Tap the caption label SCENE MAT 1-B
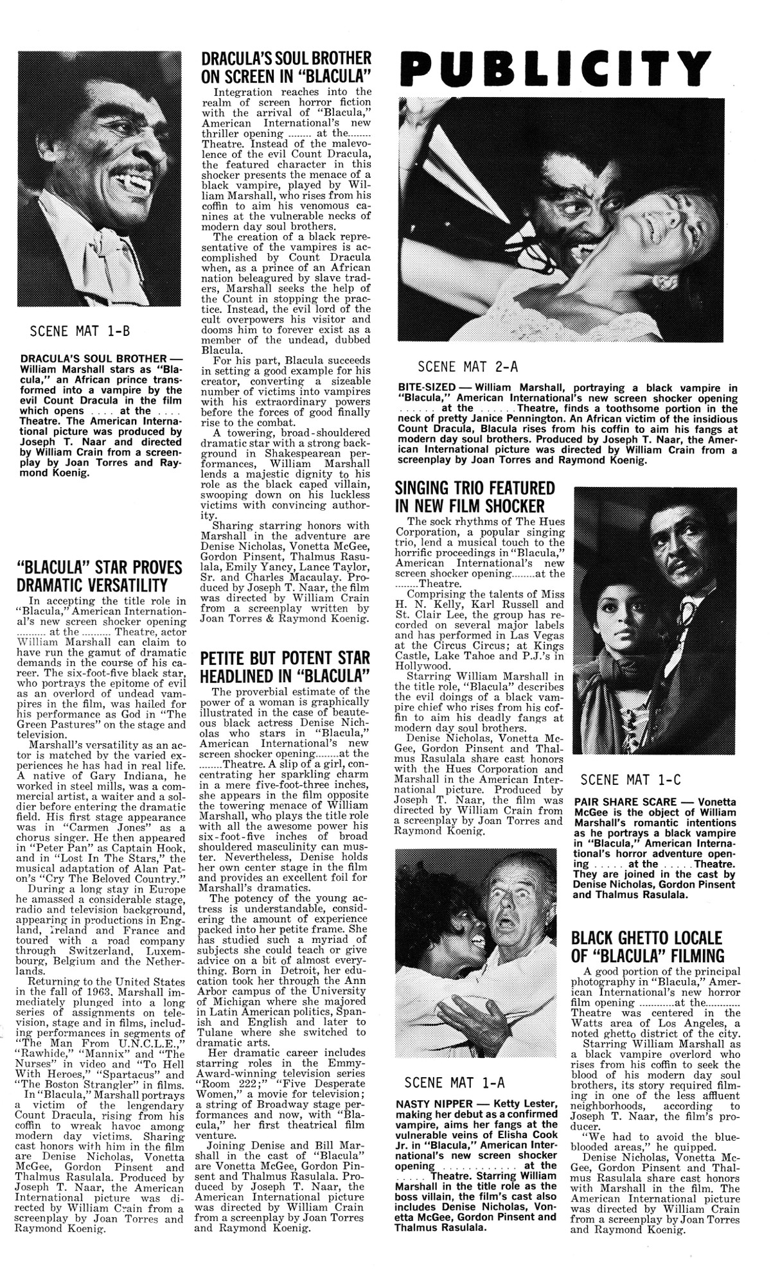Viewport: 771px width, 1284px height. click(80, 331)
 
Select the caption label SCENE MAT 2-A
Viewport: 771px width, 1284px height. click(468, 367)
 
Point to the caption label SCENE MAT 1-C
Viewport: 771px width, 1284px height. click(630, 780)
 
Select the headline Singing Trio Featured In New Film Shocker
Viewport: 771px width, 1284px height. click(475, 497)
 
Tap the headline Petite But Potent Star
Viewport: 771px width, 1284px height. click(285, 667)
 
